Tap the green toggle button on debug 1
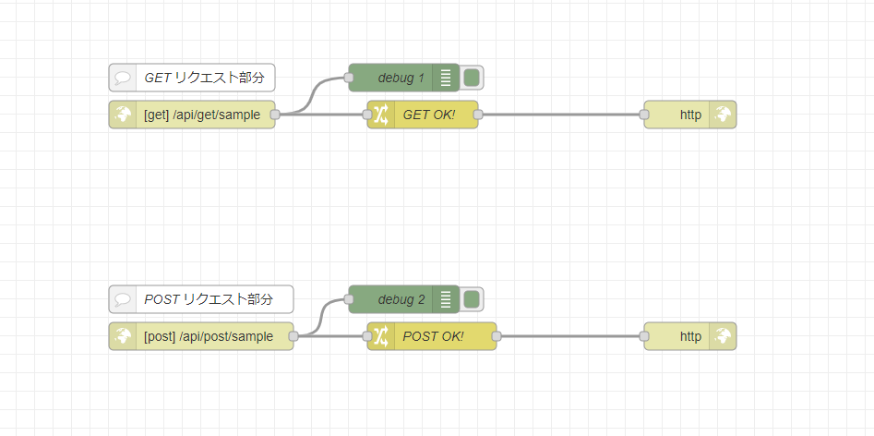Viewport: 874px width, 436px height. pos(472,78)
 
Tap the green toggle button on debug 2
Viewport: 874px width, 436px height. pos(472,299)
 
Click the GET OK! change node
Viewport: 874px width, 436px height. pos(429,115)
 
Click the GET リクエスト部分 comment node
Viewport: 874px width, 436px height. pos(203,78)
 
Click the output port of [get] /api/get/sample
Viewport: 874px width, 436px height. pos(275,115)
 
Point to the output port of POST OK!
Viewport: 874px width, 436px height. pos(497,336)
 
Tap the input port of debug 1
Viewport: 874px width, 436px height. pos(349,78)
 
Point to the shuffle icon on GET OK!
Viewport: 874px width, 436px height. pos(381,115)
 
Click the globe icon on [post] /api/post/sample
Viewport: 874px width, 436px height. pos(123,336)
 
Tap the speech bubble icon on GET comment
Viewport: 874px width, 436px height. pos(123,78)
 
